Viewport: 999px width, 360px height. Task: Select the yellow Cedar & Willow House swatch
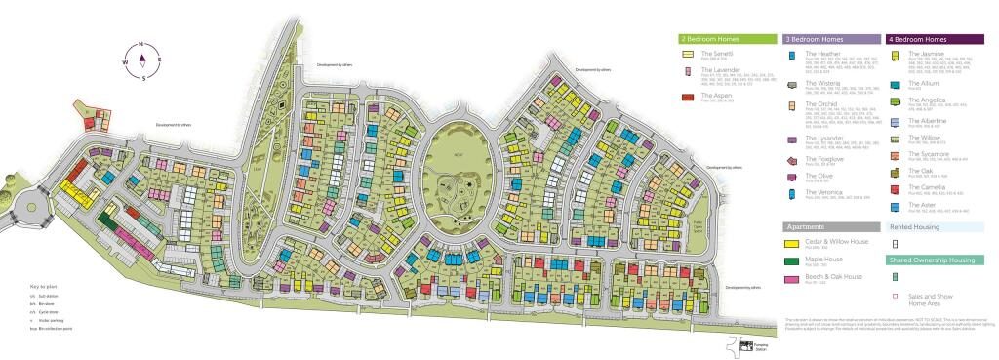(x=792, y=244)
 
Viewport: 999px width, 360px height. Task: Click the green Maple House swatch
(x=792, y=261)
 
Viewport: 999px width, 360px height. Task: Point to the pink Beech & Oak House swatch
(x=792, y=279)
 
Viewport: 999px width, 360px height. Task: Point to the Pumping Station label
(x=762, y=346)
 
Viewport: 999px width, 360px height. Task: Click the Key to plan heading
(x=44, y=286)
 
